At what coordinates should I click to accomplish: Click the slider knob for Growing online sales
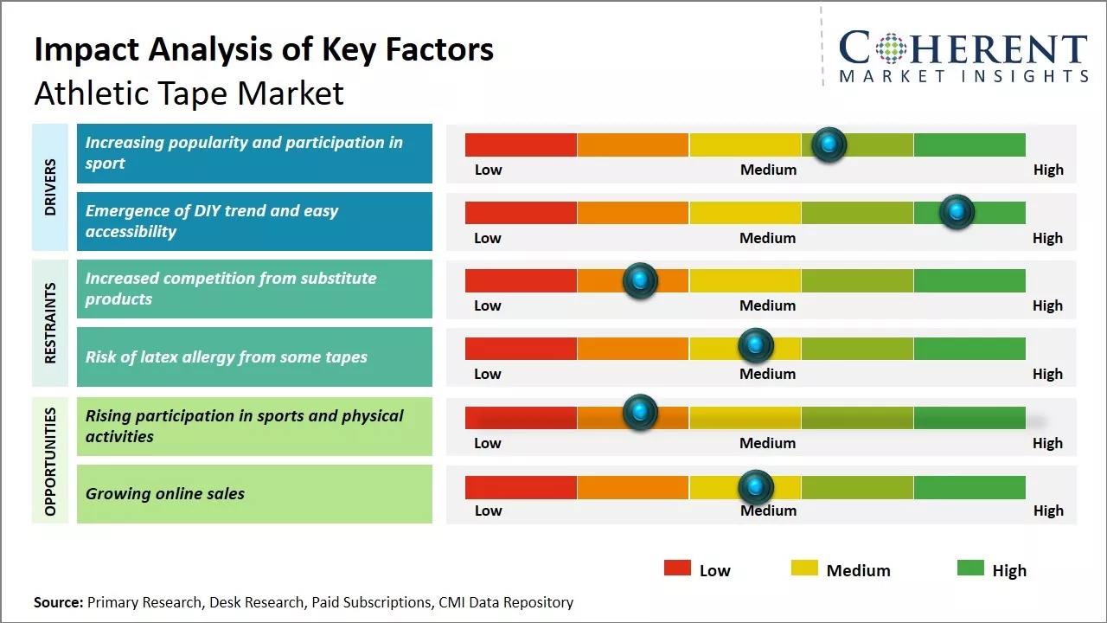click(756, 487)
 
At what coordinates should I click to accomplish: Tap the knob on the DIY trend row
click(957, 212)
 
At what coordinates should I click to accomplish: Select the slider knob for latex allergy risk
click(756, 346)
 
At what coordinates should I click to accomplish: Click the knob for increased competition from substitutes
click(640, 280)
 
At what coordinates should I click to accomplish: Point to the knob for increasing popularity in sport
click(829, 145)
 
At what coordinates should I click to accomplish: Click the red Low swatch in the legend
click(677, 568)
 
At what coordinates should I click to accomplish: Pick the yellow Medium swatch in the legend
click(804, 568)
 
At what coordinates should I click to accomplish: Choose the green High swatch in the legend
click(970, 568)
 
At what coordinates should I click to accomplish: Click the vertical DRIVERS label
click(50, 186)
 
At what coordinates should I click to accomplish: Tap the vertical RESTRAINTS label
click(50, 322)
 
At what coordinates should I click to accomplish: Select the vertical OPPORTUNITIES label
click(50, 461)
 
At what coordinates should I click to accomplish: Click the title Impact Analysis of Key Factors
click(264, 50)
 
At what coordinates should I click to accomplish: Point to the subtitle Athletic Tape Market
click(189, 93)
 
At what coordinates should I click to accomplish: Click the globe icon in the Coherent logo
click(890, 48)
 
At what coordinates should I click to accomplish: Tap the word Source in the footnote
click(59, 602)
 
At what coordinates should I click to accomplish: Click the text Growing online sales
click(165, 494)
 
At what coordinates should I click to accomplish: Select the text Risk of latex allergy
click(226, 357)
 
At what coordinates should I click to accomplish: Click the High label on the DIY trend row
click(1047, 238)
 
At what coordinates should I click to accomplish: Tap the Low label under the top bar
click(488, 170)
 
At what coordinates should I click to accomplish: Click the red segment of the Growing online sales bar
click(521, 487)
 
